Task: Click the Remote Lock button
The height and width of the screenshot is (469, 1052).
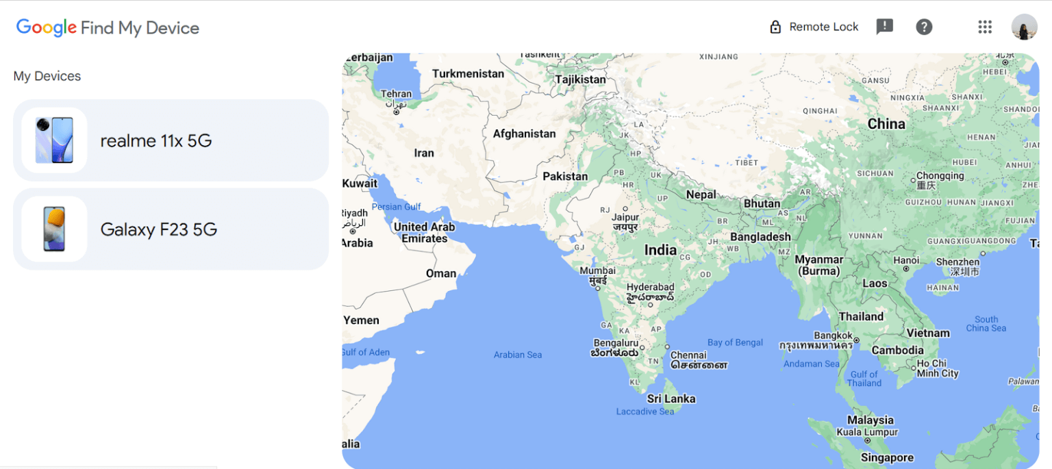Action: [x=814, y=27]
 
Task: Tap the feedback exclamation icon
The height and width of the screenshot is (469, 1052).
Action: [x=885, y=27]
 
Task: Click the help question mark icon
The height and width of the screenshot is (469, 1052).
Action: [x=924, y=27]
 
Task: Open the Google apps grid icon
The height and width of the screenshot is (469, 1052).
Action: [x=985, y=27]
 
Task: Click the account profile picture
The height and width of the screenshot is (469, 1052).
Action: [x=1024, y=27]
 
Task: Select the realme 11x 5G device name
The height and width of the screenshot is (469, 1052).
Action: [x=156, y=141]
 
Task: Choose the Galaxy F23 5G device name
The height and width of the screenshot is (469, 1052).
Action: [x=159, y=229]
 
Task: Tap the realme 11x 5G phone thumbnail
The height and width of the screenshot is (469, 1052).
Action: [x=54, y=140]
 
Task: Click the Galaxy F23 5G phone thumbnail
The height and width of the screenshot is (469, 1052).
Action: [x=54, y=229]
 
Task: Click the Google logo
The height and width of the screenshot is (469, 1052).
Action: [x=46, y=27]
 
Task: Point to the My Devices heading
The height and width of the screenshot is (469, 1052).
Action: [x=47, y=76]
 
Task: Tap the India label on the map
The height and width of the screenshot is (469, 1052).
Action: [x=660, y=251]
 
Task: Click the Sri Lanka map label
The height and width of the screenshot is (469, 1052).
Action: [x=671, y=398]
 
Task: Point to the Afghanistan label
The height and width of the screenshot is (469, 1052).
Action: [x=524, y=134]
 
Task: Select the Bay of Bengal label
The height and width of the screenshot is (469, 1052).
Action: [x=735, y=342]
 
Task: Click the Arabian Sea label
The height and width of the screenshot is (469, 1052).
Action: [x=518, y=355]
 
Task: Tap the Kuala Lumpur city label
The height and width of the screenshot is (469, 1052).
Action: [x=867, y=433]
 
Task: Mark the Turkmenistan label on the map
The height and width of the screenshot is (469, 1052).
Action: [x=468, y=73]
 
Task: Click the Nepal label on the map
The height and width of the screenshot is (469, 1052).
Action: [x=701, y=194]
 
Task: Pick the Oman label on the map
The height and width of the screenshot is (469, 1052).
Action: [x=441, y=273]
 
